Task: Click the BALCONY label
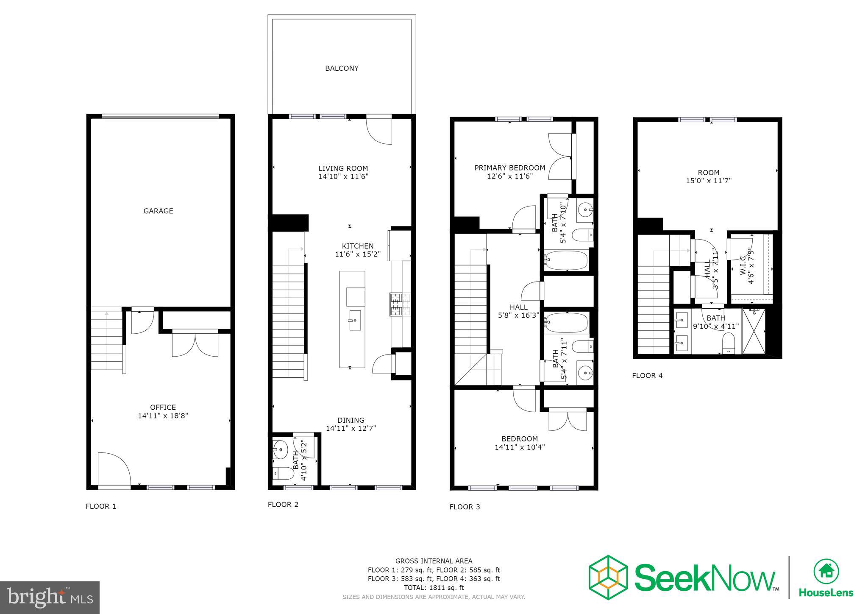342,68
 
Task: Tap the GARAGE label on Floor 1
158,211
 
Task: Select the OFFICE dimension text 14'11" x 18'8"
163,416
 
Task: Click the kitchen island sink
355,320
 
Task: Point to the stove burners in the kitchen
400,304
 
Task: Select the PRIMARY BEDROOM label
509,168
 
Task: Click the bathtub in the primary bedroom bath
566,260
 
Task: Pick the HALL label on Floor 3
518,307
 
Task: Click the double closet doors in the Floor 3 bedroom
568,421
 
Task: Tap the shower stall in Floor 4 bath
754,331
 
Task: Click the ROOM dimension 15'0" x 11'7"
709,181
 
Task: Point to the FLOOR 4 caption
647,376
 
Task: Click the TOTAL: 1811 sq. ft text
434,588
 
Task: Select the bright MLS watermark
50,597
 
